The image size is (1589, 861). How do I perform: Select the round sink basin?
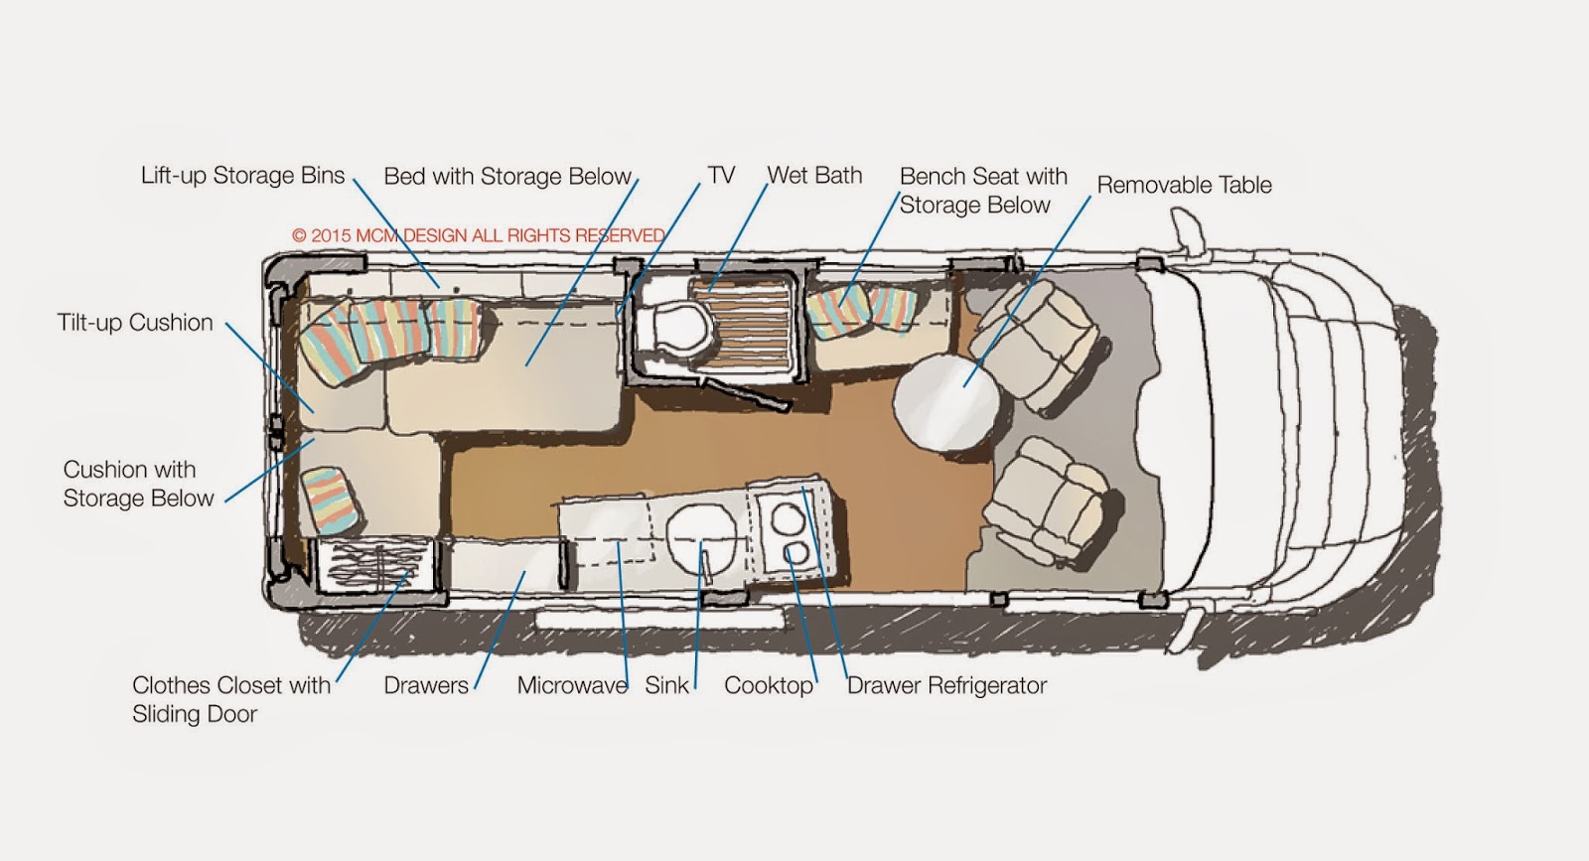[703, 536]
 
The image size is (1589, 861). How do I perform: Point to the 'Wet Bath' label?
[814, 176]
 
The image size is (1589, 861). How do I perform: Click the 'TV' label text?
[721, 176]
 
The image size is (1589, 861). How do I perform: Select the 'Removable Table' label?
[1184, 185]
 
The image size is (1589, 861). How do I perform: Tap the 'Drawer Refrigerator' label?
[946, 685]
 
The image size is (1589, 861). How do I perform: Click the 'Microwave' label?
[572, 685]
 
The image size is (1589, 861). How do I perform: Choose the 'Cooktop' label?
[769, 685]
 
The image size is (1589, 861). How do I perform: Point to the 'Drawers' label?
[426, 685]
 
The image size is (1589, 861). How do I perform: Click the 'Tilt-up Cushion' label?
[135, 323]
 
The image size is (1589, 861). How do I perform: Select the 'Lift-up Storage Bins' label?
[242, 176]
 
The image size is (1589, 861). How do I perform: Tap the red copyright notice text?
[478, 236]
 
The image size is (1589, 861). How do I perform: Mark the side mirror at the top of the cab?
[1184, 230]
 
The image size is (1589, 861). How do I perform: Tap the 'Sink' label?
[666, 685]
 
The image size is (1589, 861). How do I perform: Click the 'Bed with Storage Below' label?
[507, 177]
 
